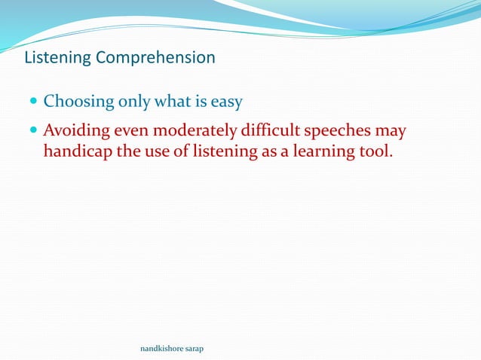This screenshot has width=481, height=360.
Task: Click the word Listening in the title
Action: coord(58,58)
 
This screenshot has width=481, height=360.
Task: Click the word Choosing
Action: coord(75,102)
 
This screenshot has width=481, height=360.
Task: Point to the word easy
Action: coord(225,102)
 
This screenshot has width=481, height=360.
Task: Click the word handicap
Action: coord(78,151)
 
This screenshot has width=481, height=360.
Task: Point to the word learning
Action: coord(316,151)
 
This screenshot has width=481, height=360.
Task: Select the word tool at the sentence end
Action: coord(374,151)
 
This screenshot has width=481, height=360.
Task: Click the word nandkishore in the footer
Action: coord(162,349)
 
